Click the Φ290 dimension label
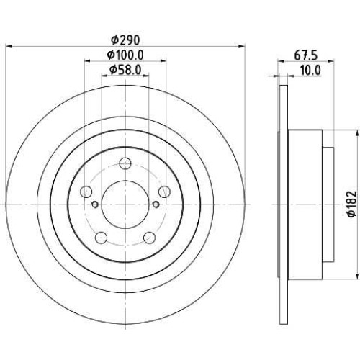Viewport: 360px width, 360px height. coord(125,40)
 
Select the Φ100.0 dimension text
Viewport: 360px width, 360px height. coord(125,55)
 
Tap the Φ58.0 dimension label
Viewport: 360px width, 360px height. coord(125,70)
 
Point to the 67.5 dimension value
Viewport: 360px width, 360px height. coord(306,55)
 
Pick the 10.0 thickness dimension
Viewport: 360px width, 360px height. coord(310,71)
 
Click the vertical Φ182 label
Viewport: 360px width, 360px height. coord(352,204)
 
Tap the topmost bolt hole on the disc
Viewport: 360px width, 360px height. coord(125,163)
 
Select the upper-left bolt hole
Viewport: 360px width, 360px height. coord(86,192)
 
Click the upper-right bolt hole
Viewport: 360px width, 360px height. coord(165,192)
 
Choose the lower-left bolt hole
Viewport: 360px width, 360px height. coord(101,238)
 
